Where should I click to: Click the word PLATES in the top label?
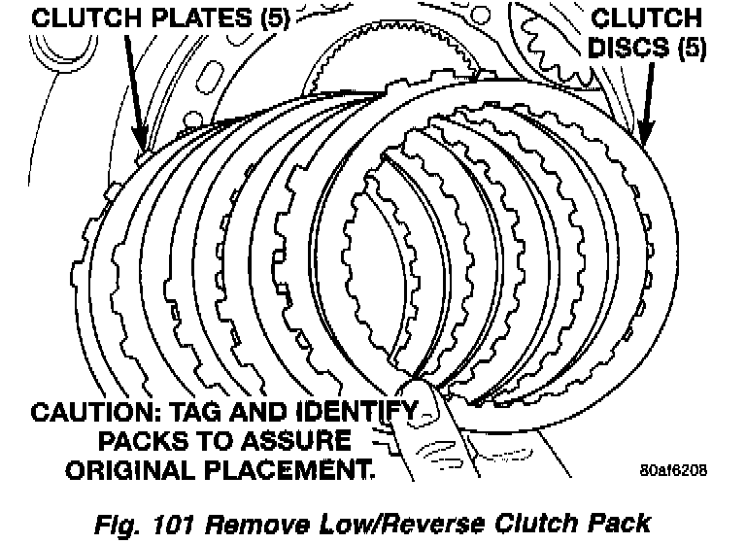pos(181,17)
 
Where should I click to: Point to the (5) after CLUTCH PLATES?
pos(267,17)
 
